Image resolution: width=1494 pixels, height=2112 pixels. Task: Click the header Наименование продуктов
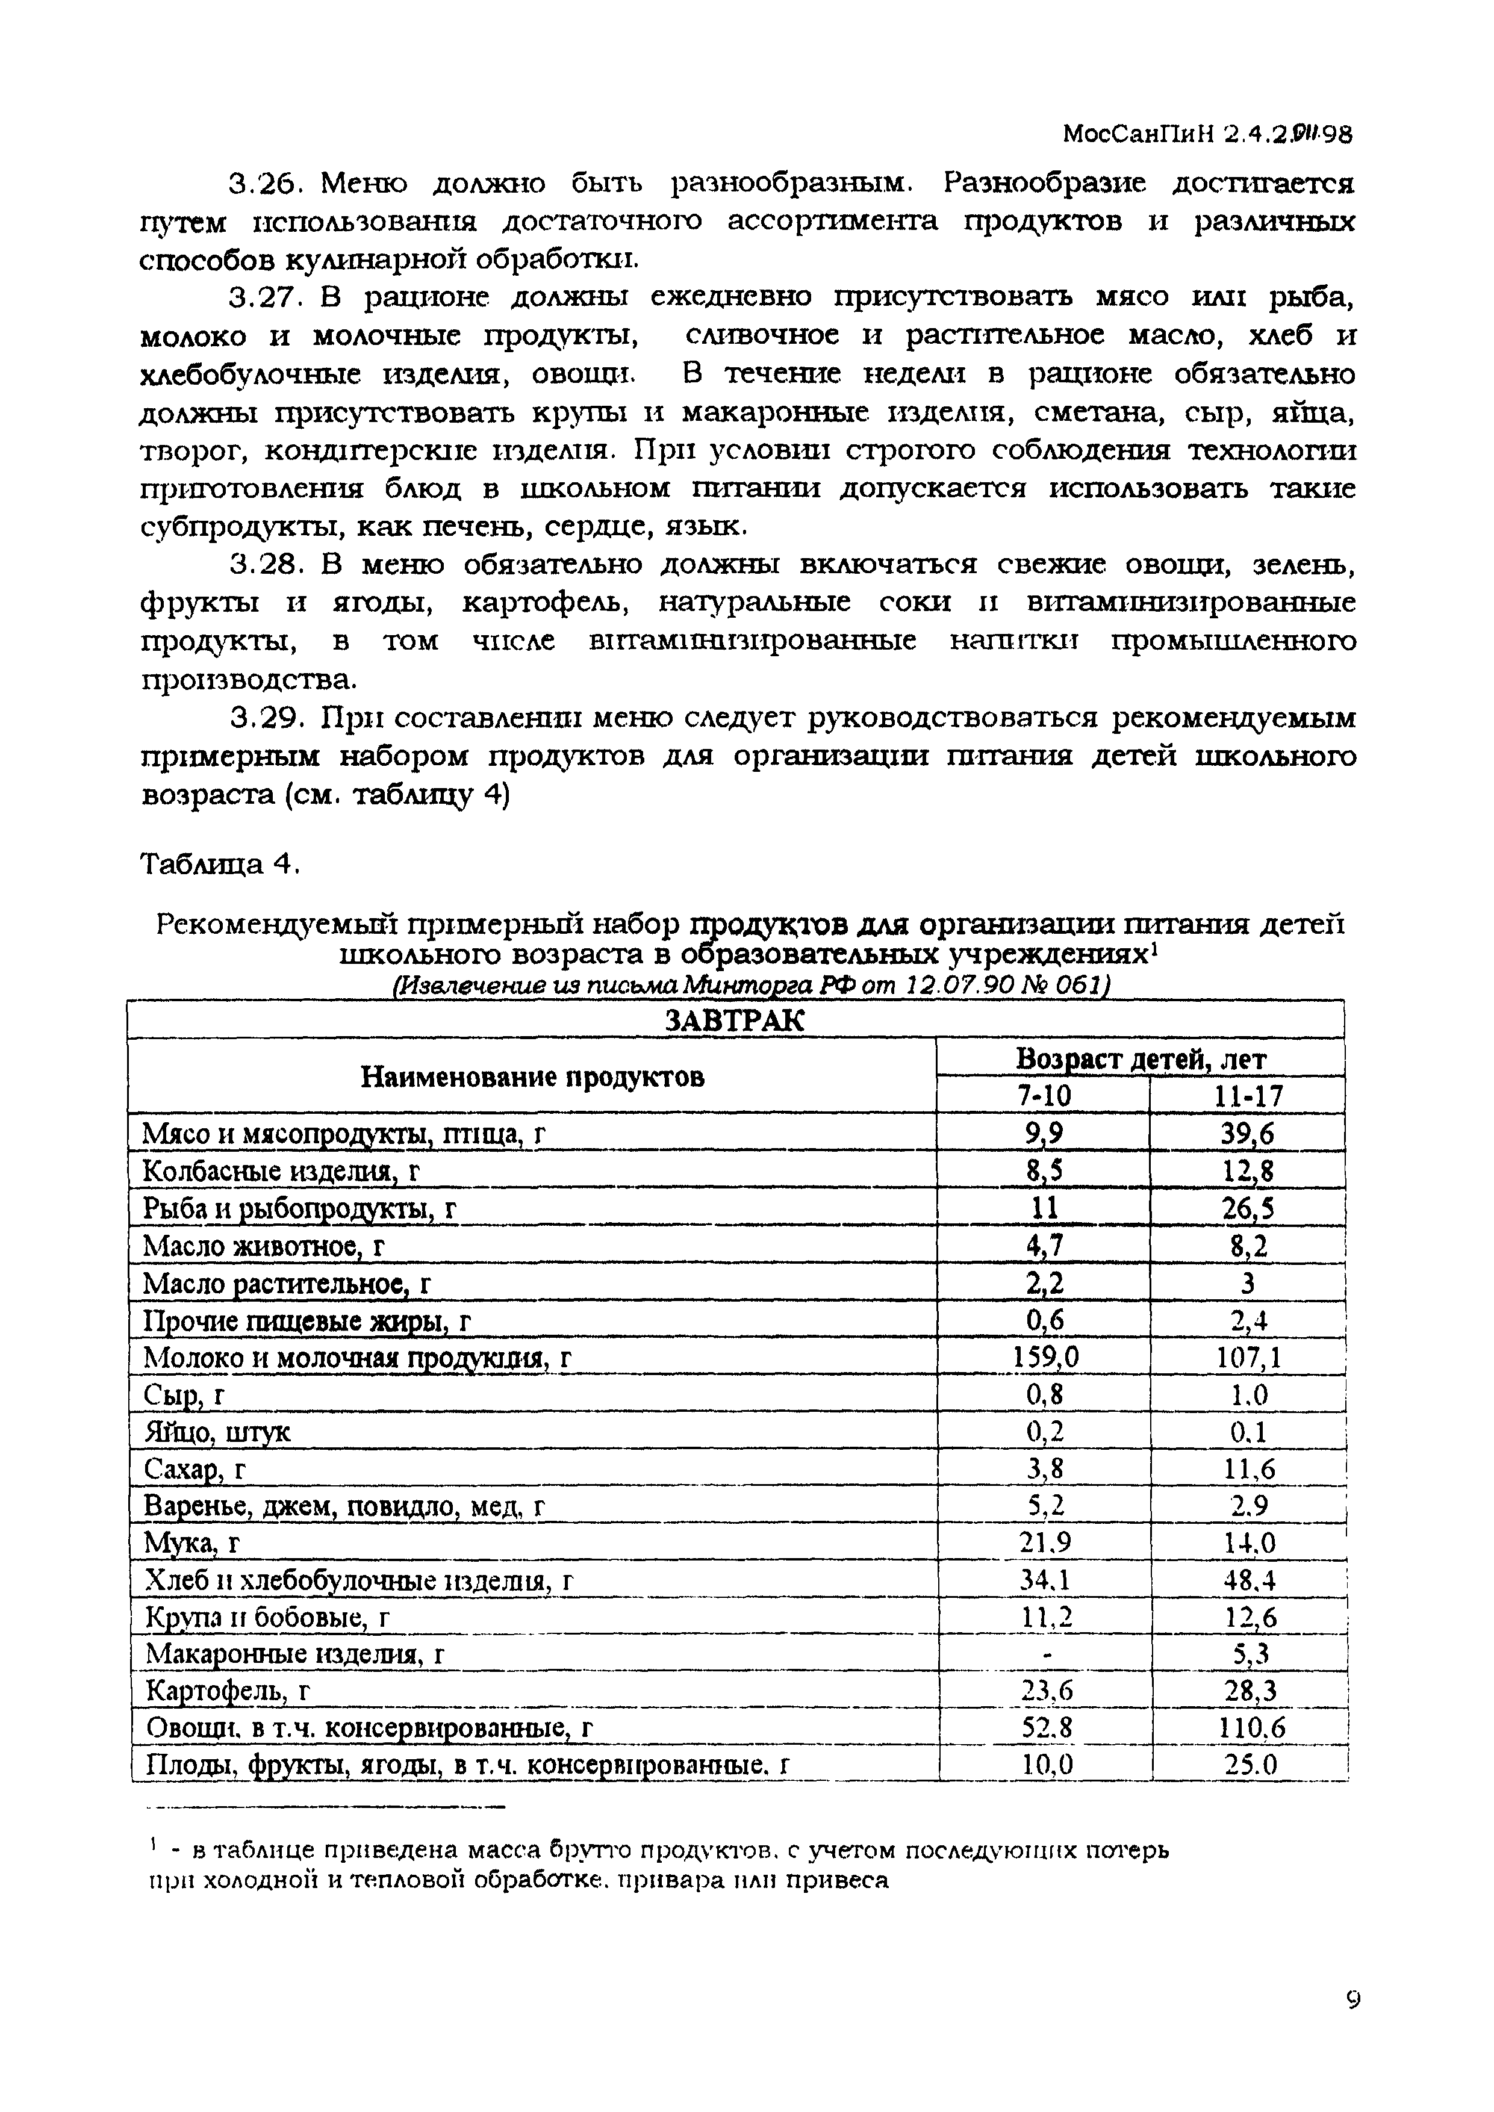532,1076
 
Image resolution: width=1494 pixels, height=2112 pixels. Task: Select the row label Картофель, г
230,1692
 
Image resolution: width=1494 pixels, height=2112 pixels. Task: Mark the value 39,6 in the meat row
1248,1134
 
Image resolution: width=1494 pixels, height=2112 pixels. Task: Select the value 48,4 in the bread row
1248,1580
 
